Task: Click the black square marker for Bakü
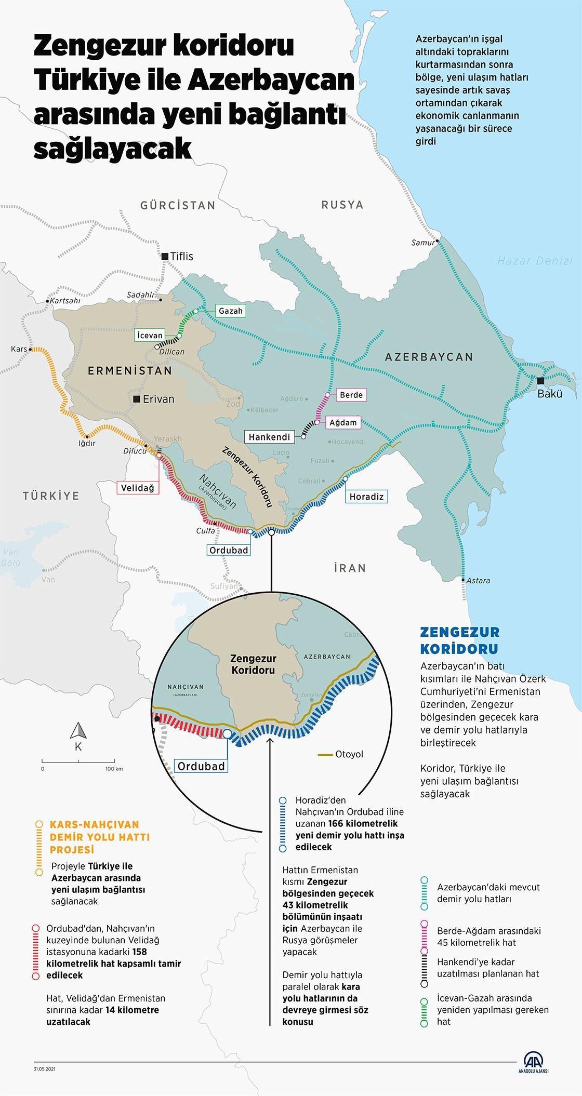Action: (x=540, y=381)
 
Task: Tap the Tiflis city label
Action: (x=181, y=256)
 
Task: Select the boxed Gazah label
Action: (x=230, y=311)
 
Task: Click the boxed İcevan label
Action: (x=150, y=335)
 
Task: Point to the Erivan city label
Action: (x=158, y=399)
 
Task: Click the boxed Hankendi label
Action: (x=269, y=437)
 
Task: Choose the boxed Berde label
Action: (x=351, y=395)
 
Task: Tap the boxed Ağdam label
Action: (x=343, y=422)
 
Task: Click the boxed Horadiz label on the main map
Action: (x=366, y=497)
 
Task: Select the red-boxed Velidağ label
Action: (x=137, y=488)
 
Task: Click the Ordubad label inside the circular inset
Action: (x=201, y=766)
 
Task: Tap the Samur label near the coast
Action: (x=422, y=243)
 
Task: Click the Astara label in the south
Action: (x=478, y=581)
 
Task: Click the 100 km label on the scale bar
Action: (x=113, y=769)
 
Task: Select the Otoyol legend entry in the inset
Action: (x=349, y=754)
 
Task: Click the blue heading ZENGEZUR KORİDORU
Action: (x=459, y=640)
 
